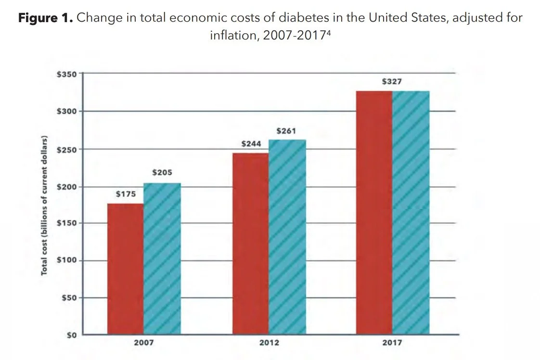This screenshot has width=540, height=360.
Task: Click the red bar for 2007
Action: (x=125, y=269)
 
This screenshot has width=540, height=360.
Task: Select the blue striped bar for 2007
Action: (x=162, y=258)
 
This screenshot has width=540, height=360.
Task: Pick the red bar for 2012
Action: (x=250, y=244)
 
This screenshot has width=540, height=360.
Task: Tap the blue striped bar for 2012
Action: (x=287, y=237)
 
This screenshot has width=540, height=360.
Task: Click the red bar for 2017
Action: (x=374, y=212)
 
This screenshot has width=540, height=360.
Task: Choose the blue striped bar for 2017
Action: (x=411, y=212)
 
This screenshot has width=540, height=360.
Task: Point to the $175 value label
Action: (x=126, y=194)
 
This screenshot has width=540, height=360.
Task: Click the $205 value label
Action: (x=162, y=172)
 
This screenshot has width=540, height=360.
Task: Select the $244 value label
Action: (x=251, y=144)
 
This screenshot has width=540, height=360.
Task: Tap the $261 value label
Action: (x=286, y=130)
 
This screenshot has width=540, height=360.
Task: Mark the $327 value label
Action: (x=391, y=82)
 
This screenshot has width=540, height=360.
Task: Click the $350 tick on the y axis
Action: (x=66, y=74)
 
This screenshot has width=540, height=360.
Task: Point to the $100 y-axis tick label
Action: (x=66, y=260)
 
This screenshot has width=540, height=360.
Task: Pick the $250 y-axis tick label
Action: (x=66, y=149)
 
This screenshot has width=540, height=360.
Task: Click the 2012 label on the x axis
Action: (x=269, y=343)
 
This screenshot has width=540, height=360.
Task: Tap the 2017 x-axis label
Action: (x=393, y=343)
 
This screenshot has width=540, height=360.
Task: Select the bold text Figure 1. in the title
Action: (x=46, y=19)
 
